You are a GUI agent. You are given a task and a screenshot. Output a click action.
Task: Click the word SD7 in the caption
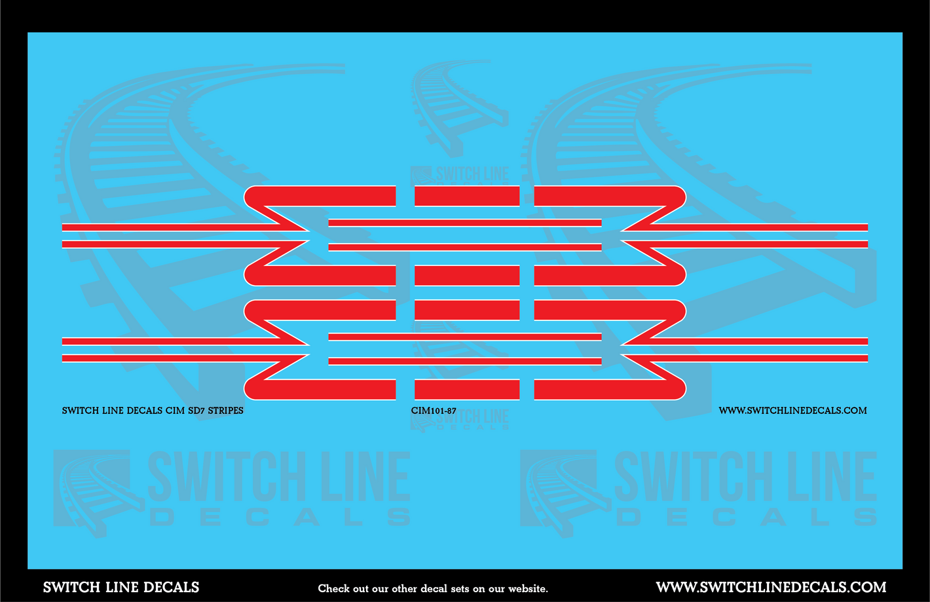tap(196, 411)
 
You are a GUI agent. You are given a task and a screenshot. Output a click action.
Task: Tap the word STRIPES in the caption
tap(225, 411)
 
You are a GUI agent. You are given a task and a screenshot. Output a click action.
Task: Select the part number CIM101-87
tap(434, 411)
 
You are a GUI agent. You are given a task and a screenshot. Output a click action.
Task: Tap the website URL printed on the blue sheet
tap(792, 411)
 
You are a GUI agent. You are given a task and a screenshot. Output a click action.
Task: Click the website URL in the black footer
tap(771, 587)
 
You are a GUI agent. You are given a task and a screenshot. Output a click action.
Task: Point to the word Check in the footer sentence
tap(331, 588)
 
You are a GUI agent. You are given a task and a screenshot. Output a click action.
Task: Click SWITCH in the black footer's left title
tap(72, 587)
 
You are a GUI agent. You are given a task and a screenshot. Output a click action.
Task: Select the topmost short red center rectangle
tap(467, 196)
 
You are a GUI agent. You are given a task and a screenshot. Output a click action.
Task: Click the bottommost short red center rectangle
tap(467, 390)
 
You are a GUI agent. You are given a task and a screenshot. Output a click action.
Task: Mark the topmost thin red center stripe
tap(465, 223)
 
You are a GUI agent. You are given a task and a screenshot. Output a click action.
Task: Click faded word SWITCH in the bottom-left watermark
tap(223, 476)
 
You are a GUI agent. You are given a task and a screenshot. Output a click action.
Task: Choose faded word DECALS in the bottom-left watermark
tap(280, 517)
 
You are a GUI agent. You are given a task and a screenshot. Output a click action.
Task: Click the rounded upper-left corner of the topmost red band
tap(250, 192)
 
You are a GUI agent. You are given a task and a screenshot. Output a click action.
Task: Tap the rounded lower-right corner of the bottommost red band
tap(680, 394)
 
